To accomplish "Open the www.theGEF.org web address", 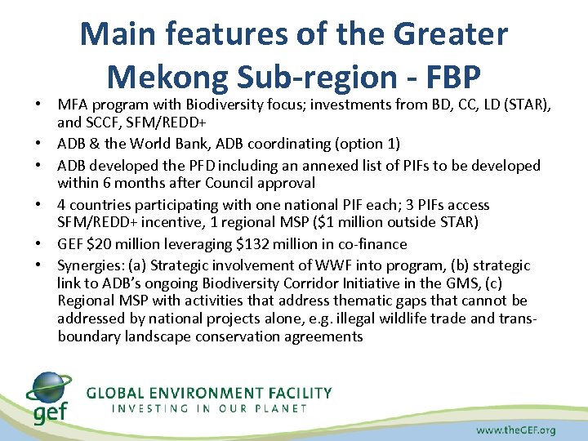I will (515, 429).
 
